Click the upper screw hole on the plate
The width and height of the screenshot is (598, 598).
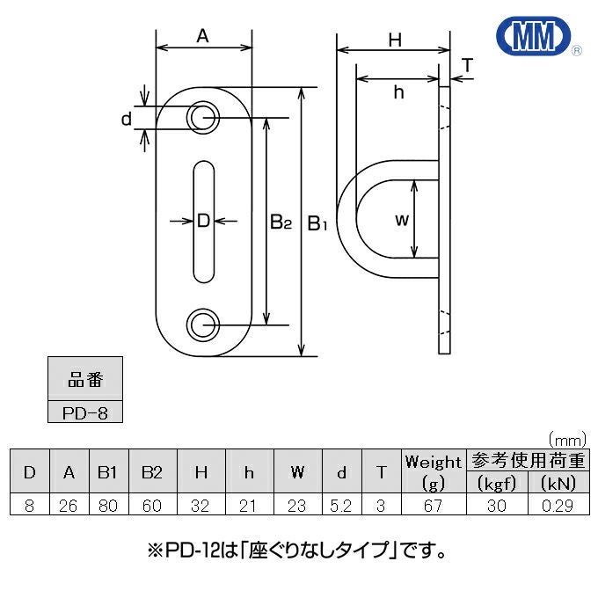(203, 118)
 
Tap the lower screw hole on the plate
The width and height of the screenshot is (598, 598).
(203, 325)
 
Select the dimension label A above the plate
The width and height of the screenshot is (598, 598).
(203, 36)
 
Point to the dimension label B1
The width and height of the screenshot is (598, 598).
(317, 223)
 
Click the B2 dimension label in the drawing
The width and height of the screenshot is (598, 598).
(281, 222)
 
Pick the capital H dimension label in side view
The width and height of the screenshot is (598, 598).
(395, 40)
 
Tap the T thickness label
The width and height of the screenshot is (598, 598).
(467, 65)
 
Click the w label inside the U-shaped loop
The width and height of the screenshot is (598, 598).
(402, 220)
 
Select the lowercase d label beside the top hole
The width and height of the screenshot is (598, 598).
(127, 119)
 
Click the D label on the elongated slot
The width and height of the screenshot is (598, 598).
(204, 221)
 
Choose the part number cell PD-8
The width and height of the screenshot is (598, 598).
(85, 412)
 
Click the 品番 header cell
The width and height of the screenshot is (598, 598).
(85, 379)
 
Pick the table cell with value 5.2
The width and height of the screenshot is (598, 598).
(341, 505)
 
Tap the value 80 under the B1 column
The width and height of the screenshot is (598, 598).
(108, 505)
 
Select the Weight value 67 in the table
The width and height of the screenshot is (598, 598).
(434, 505)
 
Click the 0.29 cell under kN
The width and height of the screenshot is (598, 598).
(558, 505)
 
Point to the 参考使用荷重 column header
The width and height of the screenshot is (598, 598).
(528, 460)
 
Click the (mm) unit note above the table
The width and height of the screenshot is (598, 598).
(567, 440)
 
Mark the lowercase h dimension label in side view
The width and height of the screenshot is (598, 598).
(398, 92)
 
